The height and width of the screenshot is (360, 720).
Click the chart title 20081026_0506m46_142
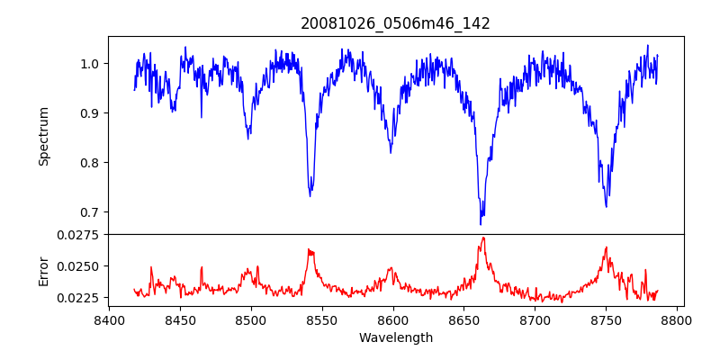(x=395, y=23)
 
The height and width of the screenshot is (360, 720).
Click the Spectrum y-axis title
(x=43, y=136)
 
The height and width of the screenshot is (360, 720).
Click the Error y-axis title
(x=43, y=271)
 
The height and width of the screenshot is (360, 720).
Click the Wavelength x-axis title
(x=395, y=337)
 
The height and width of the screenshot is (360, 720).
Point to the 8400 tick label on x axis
(x=109, y=319)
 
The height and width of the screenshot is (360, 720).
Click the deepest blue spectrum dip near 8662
(x=481, y=223)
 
